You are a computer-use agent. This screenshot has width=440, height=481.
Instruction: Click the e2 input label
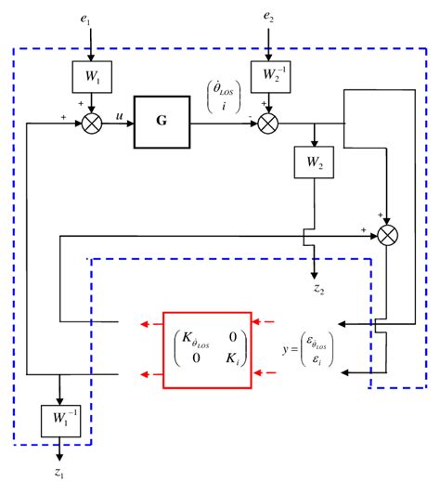pyautogui.click(x=269, y=17)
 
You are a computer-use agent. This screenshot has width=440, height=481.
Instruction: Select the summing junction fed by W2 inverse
pyautogui.click(x=269, y=121)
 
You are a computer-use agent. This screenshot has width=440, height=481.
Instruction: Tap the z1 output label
pyautogui.click(x=59, y=473)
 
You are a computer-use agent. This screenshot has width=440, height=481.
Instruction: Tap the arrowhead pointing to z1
pyautogui.click(x=59, y=458)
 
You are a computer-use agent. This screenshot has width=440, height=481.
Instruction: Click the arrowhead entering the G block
pyautogui.click(x=133, y=121)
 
